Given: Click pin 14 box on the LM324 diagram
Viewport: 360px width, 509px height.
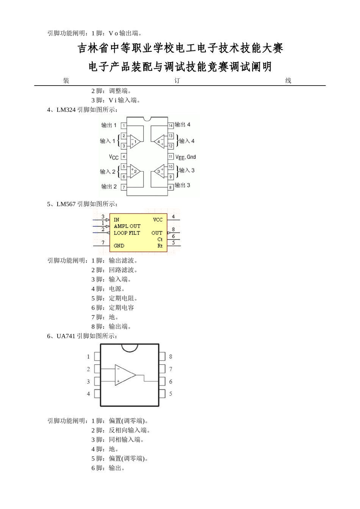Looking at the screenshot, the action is point(171,125).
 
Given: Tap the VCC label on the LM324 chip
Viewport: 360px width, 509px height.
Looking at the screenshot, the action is point(114,157).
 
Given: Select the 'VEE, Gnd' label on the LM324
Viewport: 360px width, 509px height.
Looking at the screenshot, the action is point(186,157).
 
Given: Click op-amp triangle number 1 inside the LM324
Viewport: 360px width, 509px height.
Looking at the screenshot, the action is point(135,141).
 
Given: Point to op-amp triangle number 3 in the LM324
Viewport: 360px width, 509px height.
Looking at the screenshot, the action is point(159,172).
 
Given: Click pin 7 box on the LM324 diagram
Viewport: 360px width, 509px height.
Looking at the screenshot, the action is point(124,187).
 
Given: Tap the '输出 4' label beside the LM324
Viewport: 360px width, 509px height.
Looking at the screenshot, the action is point(183,125).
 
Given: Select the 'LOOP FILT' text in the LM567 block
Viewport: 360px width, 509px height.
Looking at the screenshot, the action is point(127,233).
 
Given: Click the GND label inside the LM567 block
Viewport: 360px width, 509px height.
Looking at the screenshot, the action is point(119,245).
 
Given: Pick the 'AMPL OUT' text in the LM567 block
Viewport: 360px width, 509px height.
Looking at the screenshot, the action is point(127,226).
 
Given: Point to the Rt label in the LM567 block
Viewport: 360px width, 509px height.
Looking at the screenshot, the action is point(160,245).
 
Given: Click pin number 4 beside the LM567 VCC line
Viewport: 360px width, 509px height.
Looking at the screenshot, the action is point(173,217).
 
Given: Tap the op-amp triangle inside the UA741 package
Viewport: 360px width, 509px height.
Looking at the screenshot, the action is point(125,375).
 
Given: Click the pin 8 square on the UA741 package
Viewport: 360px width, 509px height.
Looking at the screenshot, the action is point(162,356).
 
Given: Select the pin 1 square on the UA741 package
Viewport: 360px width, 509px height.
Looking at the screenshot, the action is point(97,356).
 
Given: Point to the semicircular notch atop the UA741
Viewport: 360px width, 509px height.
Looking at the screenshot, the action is point(129,347).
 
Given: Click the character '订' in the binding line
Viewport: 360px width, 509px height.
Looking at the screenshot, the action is point(177,81).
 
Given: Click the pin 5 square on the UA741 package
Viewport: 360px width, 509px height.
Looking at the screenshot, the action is point(162,393).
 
